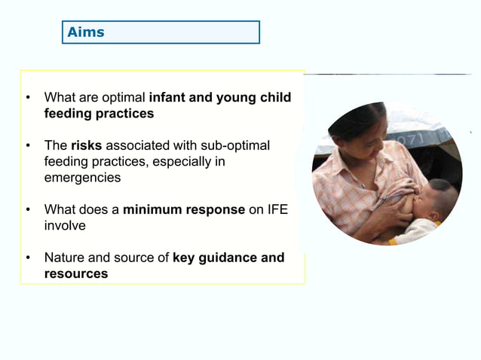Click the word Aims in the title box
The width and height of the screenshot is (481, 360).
coord(85,32)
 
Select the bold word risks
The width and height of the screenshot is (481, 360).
coord(86,145)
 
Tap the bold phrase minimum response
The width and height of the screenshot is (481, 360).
coord(184,209)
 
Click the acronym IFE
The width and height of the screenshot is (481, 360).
coord(277,209)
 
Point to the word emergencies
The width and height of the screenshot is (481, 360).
coord(82,178)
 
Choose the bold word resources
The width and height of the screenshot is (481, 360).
coord(76,274)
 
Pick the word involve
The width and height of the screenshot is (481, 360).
coord(65,226)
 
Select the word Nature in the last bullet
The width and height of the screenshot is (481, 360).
coord(64,258)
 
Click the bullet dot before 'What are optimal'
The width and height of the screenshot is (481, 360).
coord(28,98)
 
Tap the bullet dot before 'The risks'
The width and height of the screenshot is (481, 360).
coord(28,145)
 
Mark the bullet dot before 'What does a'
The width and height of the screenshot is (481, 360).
coord(28,209)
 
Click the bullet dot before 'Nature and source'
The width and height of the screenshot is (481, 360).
coord(28,258)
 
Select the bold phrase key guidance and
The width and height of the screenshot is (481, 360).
coord(228,258)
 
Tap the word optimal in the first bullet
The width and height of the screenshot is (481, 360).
coord(125,98)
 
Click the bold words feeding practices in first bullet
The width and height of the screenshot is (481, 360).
coord(99,114)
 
